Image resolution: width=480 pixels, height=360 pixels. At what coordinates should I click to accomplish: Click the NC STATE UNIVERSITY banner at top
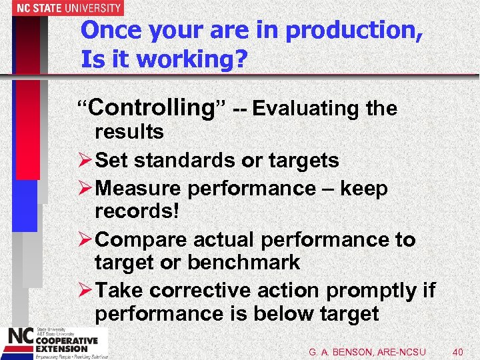pyautogui.click(x=61, y=8)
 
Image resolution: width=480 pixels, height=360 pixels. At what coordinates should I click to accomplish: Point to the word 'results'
pyautogui.click(x=129, y=132)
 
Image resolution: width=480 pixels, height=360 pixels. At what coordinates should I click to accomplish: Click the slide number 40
pyautogui.click(x=458, y=351)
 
